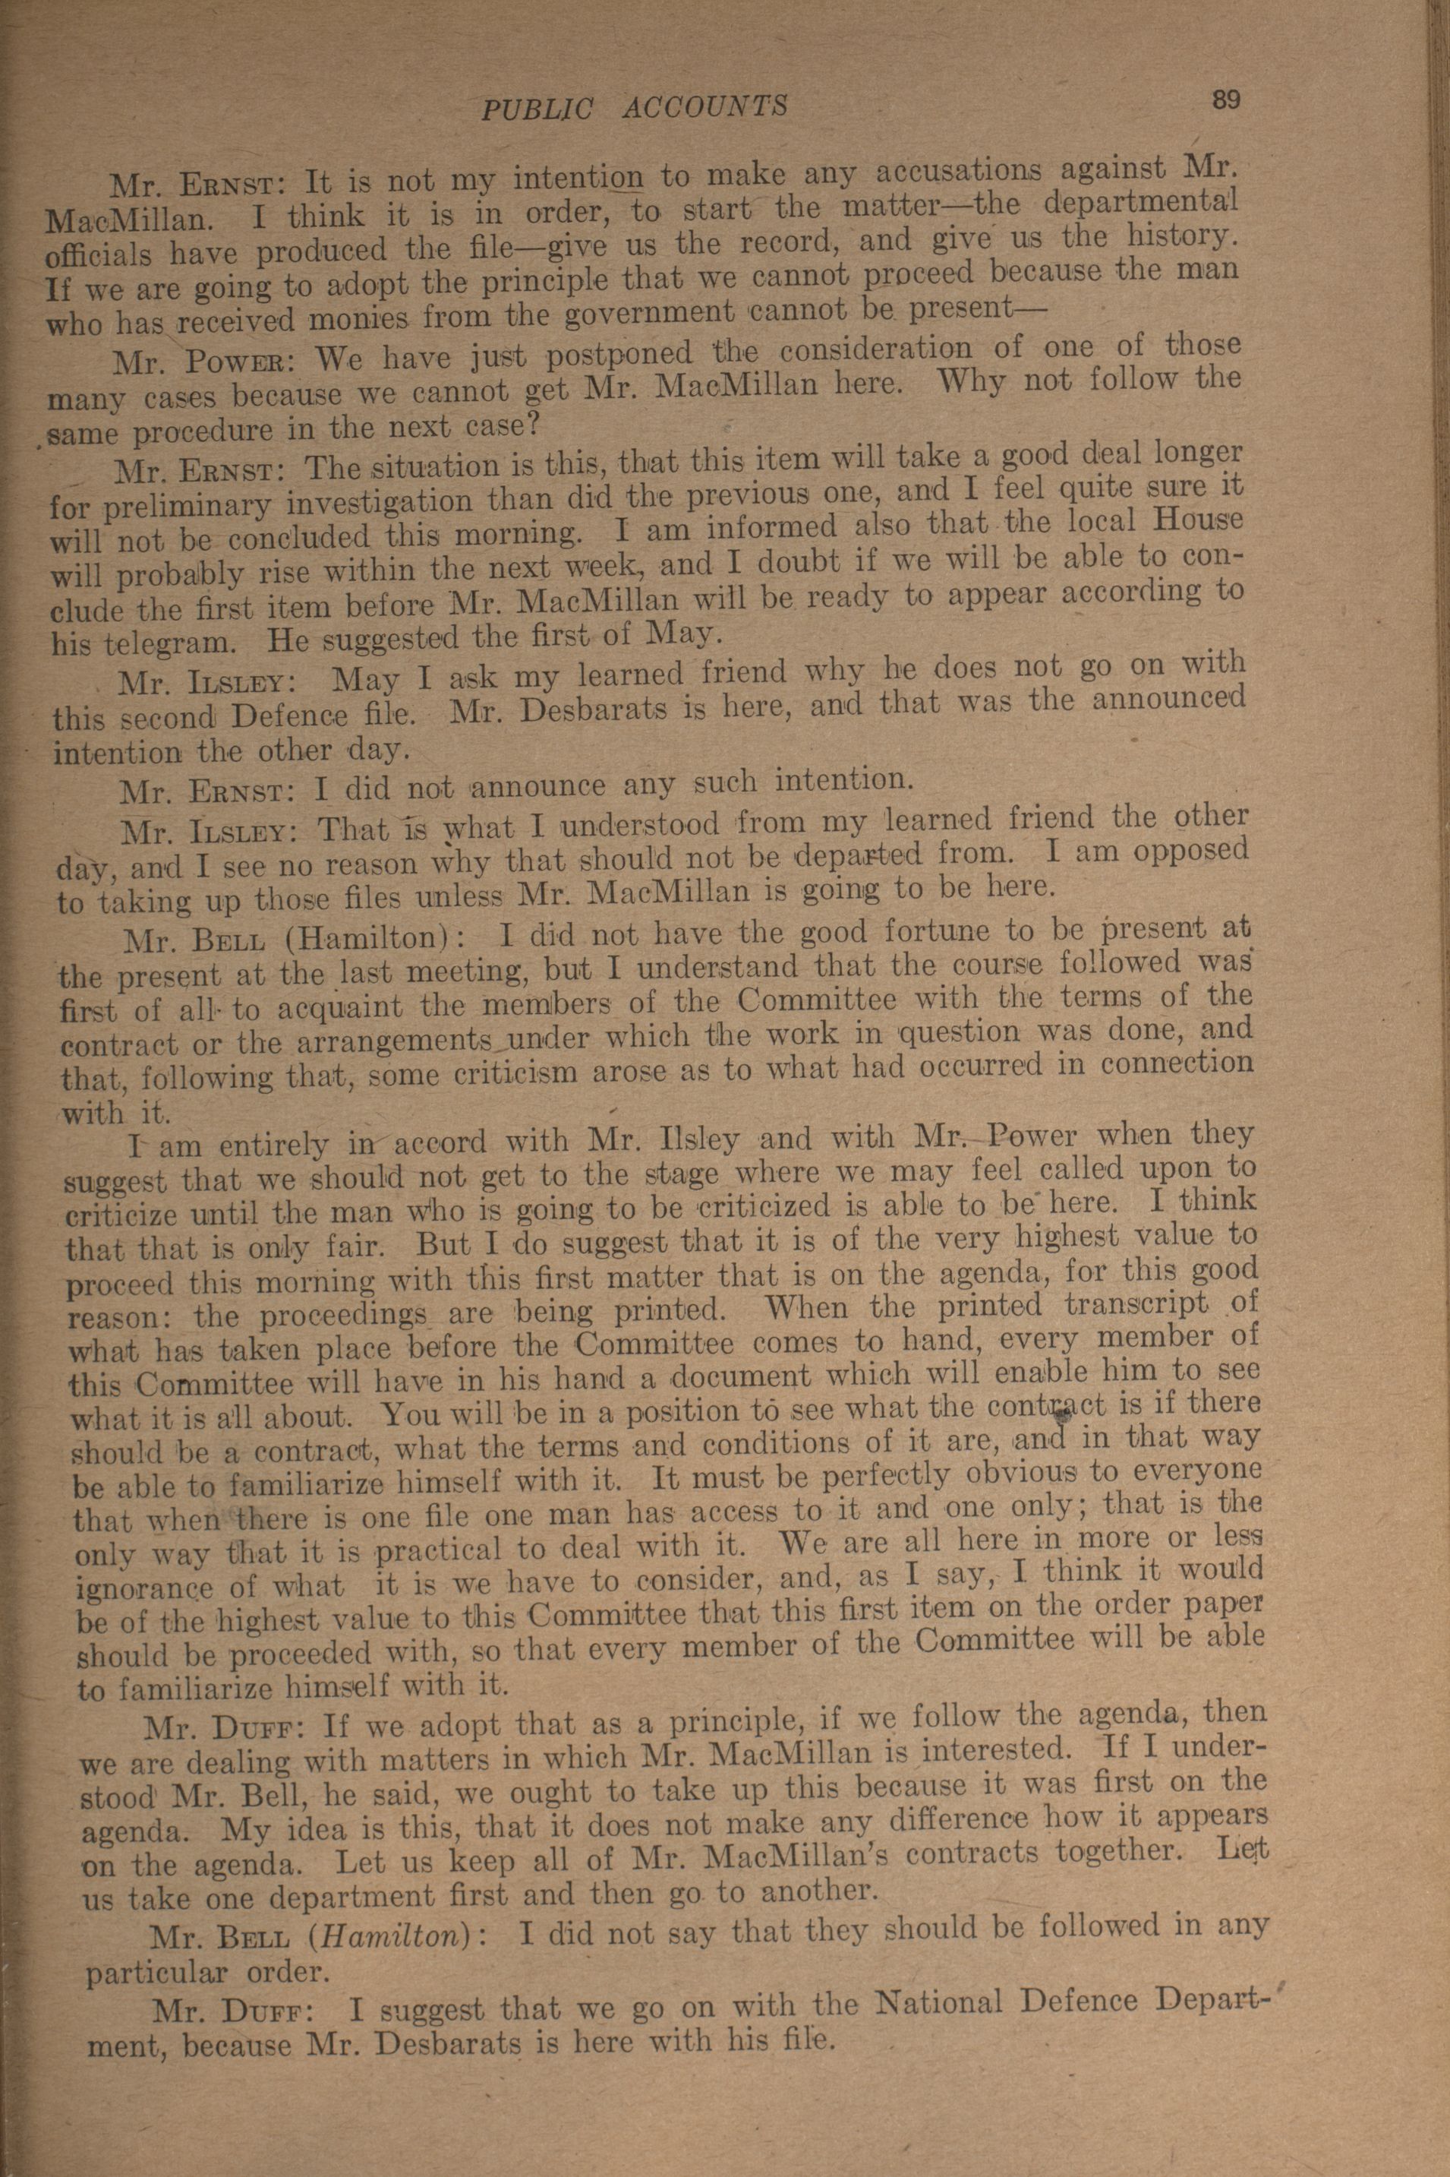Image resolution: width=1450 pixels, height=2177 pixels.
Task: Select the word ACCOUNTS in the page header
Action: (705, 107)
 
